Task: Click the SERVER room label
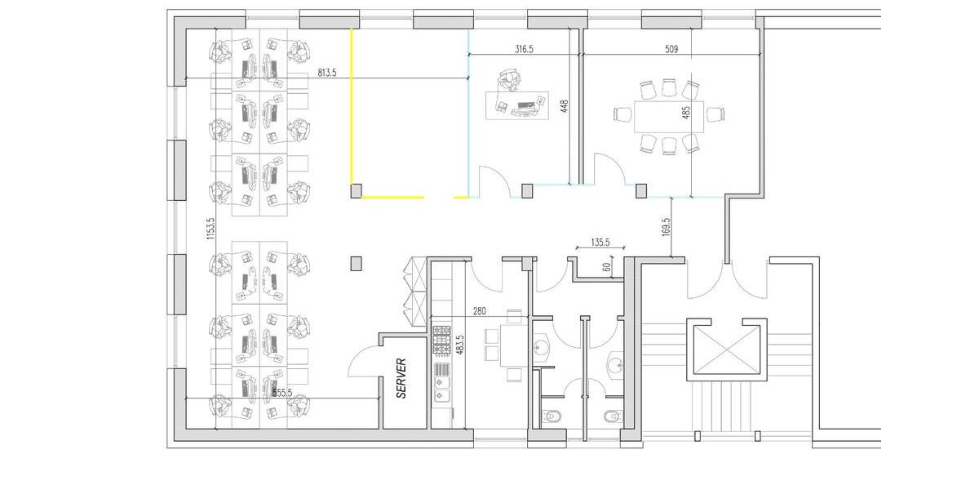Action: (401, 379)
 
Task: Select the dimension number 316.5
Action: (524, 50)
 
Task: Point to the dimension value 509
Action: (671, 50)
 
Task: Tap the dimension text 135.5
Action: (600, 243)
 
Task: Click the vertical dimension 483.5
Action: (460, 344)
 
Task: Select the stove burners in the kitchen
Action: (441, 340)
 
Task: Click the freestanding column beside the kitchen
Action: (356, 263)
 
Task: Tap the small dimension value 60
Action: (606, 265)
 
